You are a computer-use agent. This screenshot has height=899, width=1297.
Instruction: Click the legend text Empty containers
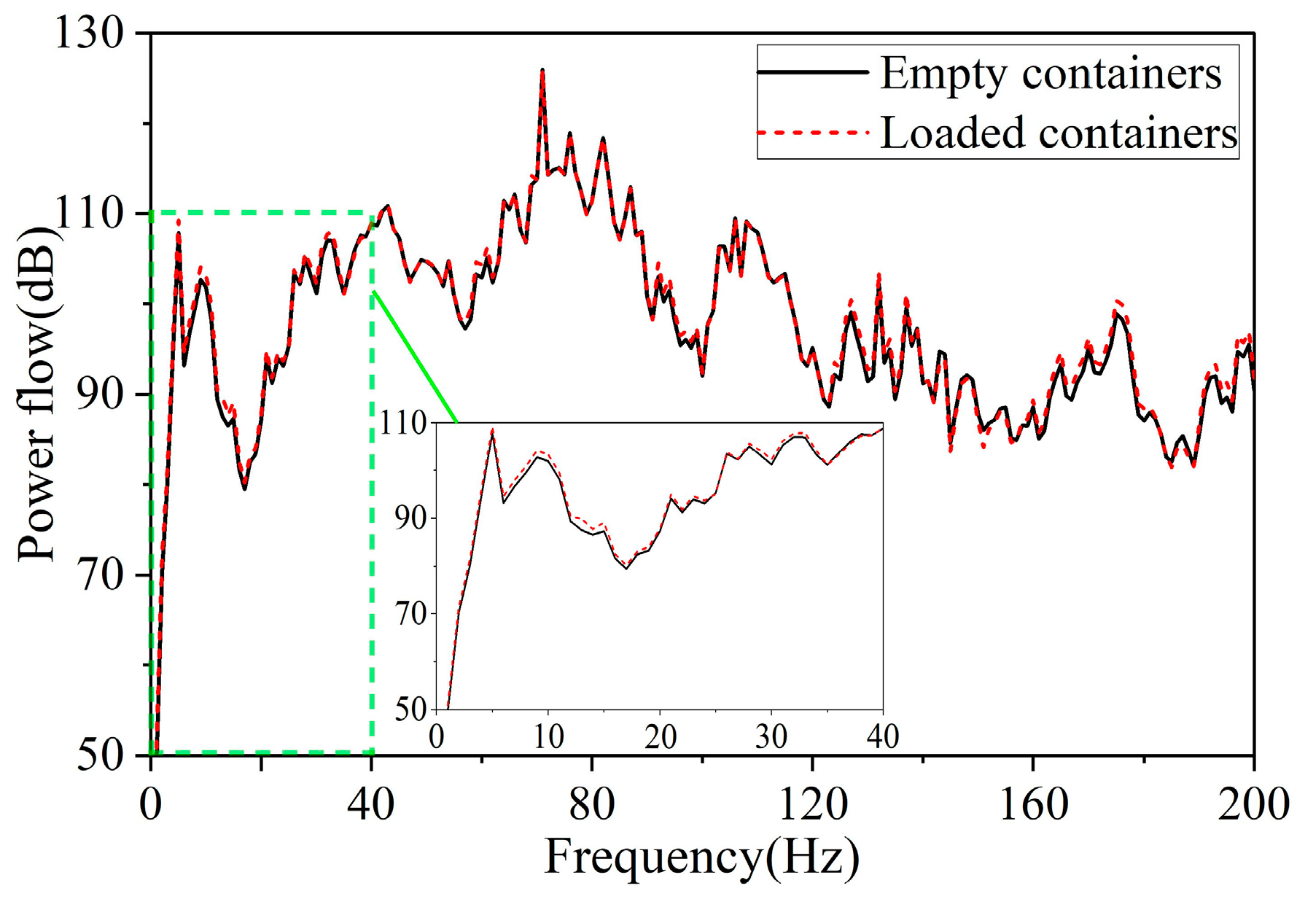pyautogui.click(x=1050, y=74)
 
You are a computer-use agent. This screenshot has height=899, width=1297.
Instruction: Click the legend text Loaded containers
pyautogui.click(x=1058, y=133)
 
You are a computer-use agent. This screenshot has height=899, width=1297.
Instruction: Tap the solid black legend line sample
pyautogui.click(x=812, y=73)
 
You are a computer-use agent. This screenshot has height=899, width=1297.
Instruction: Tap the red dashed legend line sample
pyautogui.click(x=812, y=133)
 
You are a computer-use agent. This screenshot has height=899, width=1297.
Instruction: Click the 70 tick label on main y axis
pyautogui.click(x=101, y=575)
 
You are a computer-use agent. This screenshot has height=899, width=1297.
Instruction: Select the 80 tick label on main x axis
pyautogui.click(x=591, y=804)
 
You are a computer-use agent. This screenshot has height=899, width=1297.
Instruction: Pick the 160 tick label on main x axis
pyautogui.click(x=1032, y=804)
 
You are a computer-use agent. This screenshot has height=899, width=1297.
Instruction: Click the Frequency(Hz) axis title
pyautogui.click(x=701, y=857)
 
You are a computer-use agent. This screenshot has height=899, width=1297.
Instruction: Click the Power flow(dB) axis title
pyautogui.click(x=36, y=394)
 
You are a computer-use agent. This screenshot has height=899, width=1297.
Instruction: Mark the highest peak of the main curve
pyautogui.click(x=542, y=70)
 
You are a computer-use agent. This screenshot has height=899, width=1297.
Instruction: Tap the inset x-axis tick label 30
pyautogui.click(x=771, y=737)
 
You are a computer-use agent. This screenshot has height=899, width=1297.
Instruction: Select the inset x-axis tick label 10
pyautogui.click(x=548, y=737)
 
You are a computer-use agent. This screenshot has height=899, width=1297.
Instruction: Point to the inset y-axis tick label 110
pyautogui.click(x=402, y=423)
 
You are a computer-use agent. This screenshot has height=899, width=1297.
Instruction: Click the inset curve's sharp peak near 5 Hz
pyautogui.click(x=492, y=430)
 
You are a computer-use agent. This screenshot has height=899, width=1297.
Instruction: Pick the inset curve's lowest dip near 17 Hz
pyautogui.click(x=626, y=567)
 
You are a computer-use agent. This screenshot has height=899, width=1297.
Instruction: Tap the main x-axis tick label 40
pyautogui.click(x=370, y=804)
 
